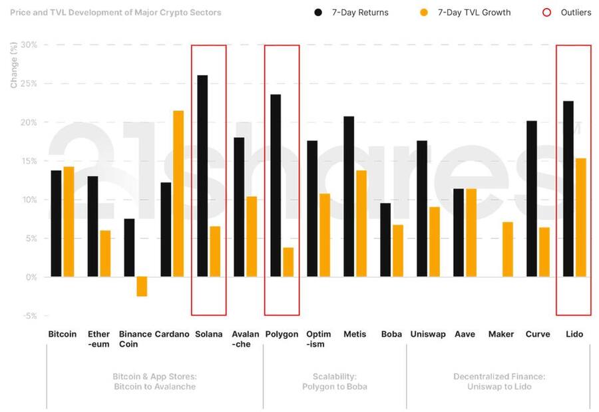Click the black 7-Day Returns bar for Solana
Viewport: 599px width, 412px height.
202,176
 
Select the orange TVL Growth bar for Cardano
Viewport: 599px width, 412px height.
178,194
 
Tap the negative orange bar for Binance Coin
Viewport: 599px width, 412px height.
142,286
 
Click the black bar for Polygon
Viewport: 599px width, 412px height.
276,186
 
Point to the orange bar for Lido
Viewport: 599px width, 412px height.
581,218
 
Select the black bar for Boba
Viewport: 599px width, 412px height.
385,240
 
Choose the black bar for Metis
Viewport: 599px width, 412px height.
349,197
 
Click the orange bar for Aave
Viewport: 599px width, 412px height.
471,233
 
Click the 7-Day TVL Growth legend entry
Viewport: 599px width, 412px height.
467,13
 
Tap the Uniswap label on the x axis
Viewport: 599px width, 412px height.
428,334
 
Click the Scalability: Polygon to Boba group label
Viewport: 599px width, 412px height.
334,381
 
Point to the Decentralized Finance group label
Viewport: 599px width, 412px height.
499,381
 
